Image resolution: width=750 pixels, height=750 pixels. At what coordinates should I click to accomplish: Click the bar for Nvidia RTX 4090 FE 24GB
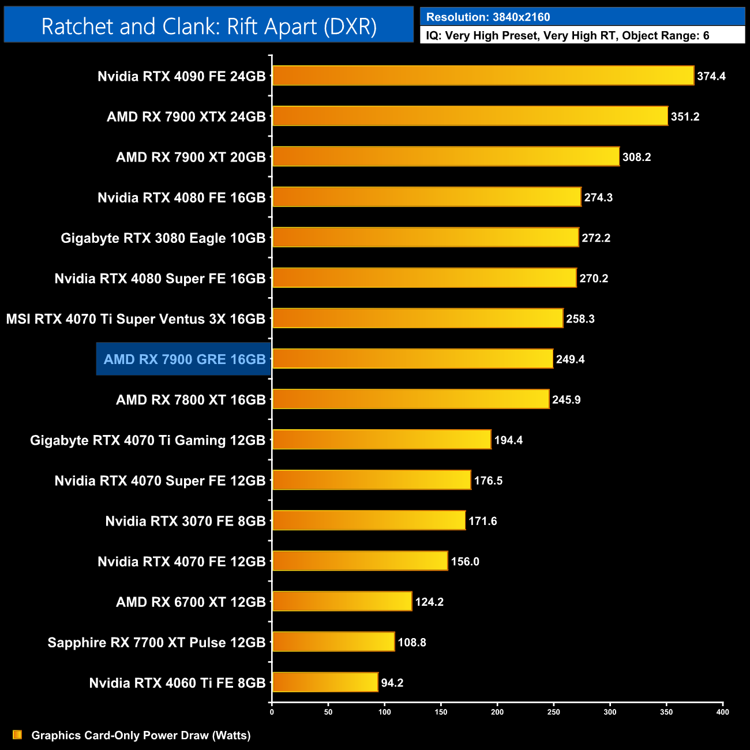click(x=483, y=76)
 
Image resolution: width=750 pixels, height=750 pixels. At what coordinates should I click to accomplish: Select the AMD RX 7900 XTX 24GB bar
click(x=470, y=116)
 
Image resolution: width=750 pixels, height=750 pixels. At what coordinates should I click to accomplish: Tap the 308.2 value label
click(x=636, y=157)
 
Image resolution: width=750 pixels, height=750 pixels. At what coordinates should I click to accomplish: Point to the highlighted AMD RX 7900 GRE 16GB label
click(x=184, y=359)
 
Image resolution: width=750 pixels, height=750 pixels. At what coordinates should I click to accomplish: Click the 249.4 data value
click(x=570, y=359)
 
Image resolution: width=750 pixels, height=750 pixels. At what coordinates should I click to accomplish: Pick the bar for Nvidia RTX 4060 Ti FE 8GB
click(x=325, y=682)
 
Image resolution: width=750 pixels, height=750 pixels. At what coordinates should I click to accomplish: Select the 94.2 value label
click(x=392, y=683)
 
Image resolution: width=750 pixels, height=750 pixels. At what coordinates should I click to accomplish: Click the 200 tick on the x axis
click(x=497, y=712)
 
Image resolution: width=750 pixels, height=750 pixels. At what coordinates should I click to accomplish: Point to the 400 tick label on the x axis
click(x=722, y=712)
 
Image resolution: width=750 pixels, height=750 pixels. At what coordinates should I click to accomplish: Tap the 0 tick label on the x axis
click(x=272, y=712)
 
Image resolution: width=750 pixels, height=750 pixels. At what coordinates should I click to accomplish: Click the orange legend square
click(x=17, y=734)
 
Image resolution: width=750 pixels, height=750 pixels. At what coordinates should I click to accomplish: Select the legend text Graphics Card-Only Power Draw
click(x=141, y=735)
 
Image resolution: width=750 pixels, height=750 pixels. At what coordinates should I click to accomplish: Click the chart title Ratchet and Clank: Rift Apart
click(x=209, y=27)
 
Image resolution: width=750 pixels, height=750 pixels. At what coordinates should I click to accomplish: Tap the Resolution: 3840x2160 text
click(x=487, y=17)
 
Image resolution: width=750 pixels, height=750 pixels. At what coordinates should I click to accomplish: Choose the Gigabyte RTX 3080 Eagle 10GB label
click(x=163, y=238)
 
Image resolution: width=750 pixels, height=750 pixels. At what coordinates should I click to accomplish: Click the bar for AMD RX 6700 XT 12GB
click(x=342, y=601)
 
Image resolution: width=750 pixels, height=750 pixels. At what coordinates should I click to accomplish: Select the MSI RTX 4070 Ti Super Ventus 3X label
click(x=136, y=319)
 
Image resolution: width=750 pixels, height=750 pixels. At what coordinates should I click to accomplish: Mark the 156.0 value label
click(x=464, y=561)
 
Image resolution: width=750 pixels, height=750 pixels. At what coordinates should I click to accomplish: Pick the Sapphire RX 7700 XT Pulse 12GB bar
click(x=333, y=642)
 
